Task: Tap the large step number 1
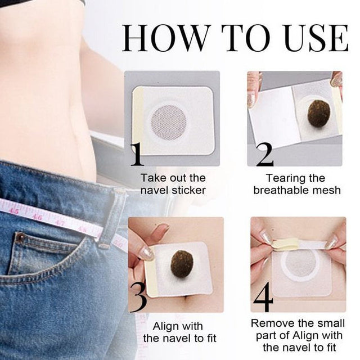[137, 154]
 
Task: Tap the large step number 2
[262, 155]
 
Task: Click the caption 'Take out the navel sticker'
[173, 184]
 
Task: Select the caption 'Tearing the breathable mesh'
[296, 184]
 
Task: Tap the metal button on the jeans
[21, 238]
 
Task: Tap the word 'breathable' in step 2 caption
[283, 190]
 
